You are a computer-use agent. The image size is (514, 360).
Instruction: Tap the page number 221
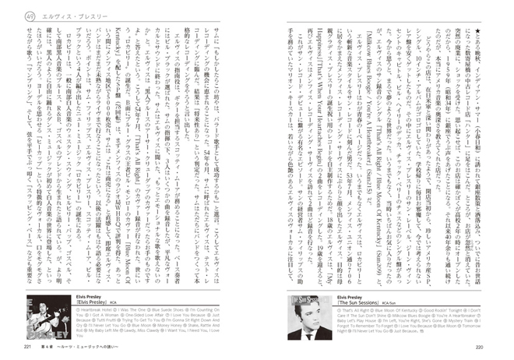(x=29, y=347)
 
